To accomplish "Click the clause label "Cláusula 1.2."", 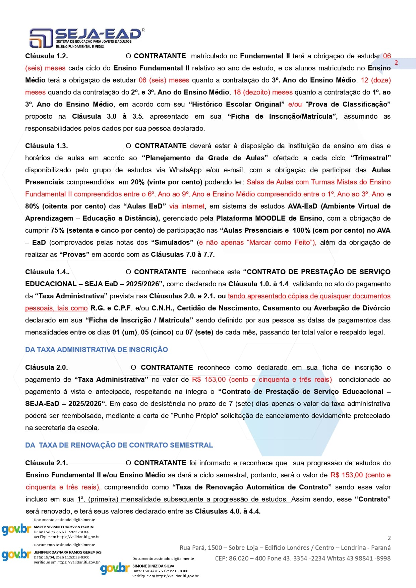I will tap(47, 56).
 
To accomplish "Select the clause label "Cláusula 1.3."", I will tap(47, 146).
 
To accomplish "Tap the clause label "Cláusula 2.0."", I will tap(47, 367).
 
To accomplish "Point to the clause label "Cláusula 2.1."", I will tap(47, 463).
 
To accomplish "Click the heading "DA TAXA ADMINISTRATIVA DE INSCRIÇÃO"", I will tap(97, 350).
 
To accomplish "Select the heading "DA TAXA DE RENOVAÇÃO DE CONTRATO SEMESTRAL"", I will tap(119, 445).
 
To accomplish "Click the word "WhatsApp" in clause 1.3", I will tap(185, 170).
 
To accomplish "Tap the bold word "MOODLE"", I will tap(271, 218).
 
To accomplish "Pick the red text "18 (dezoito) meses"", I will tap(263, 92).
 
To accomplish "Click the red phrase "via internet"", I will tap(187, 206).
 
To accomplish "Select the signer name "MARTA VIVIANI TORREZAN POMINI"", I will tap(64, 527).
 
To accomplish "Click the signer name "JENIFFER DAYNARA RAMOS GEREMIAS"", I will tap(67, 552).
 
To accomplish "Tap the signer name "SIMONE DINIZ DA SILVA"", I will tap(153, 566).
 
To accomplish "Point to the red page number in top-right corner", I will tap(396, 63).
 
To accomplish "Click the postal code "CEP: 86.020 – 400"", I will tap(241, 558).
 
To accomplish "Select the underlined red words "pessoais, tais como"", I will tap(56, 308).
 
